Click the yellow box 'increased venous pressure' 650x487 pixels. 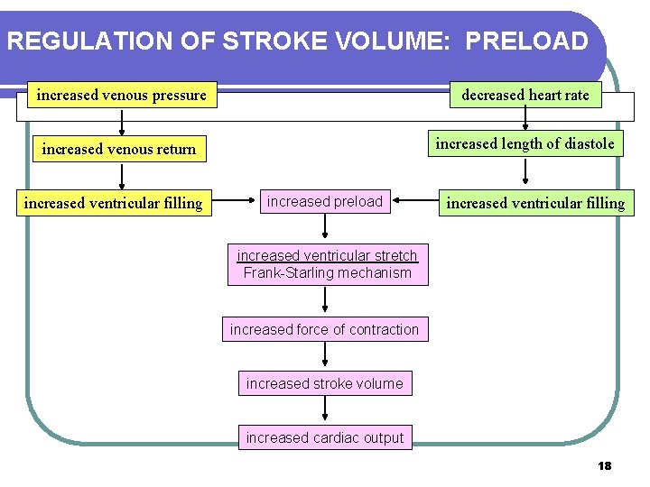tap(121, 95)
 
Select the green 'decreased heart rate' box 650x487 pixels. tap(525, 95)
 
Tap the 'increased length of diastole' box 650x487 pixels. tap(525, 143)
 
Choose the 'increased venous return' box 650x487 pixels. tap(119, 149)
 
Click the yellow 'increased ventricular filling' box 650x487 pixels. tap(114, 203)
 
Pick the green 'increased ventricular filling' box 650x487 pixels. tap(535, 203)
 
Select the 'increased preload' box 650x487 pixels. tap(325, 202)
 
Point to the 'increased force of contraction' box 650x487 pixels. tap(324, 329)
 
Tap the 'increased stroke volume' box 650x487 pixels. tap(325, 383)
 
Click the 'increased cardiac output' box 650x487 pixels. tap(325, 437)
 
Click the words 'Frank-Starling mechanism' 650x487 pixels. tap(327, 273)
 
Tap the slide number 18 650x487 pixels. tap(604, 465)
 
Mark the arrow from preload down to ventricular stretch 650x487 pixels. tap(325, 229)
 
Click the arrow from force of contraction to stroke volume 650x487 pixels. tap(325, 356)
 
